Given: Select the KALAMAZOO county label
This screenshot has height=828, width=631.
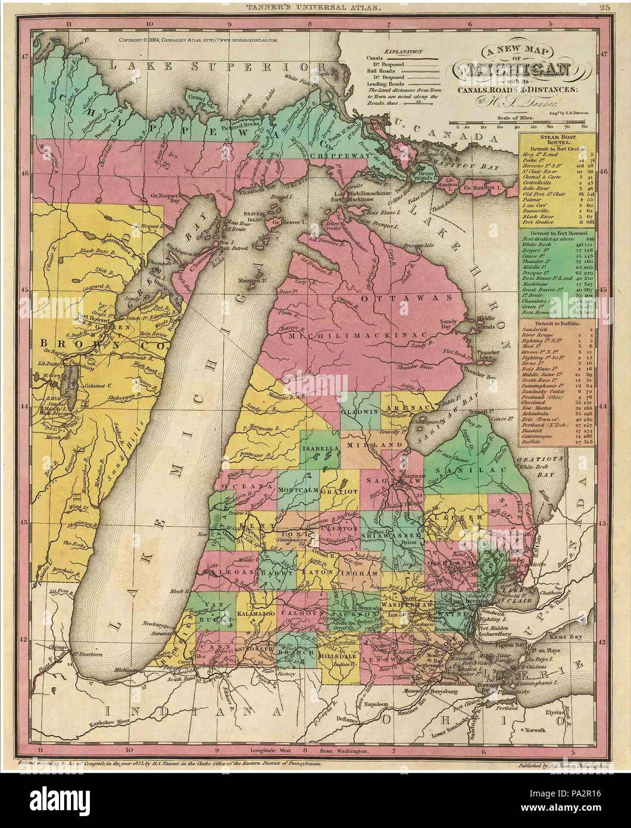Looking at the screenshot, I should [254, 612].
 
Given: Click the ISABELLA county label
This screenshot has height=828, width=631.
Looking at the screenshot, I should [320, 447].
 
